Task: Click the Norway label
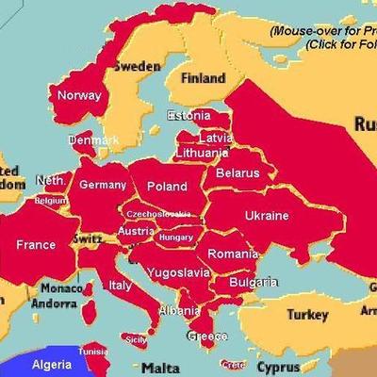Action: click(79, 95)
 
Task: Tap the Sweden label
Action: click(137, 67)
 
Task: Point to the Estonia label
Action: click(188, 116)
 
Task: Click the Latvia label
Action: click(210, 138)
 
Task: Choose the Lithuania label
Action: click(202, 152)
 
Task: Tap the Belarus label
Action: click(237, 173)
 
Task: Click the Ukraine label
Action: click(267, 216)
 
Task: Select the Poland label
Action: click(167, 187)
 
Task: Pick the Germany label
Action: click(103, 185)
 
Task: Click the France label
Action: click(36, 245)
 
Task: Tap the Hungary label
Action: click(176, 238)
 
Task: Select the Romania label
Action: click(232, 254)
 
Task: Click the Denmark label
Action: click(93, 140)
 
